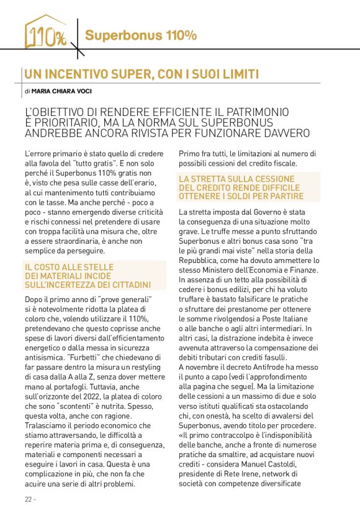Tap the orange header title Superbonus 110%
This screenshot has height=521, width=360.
(x=141, y=35)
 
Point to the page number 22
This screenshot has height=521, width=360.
(x=29, y=499)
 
